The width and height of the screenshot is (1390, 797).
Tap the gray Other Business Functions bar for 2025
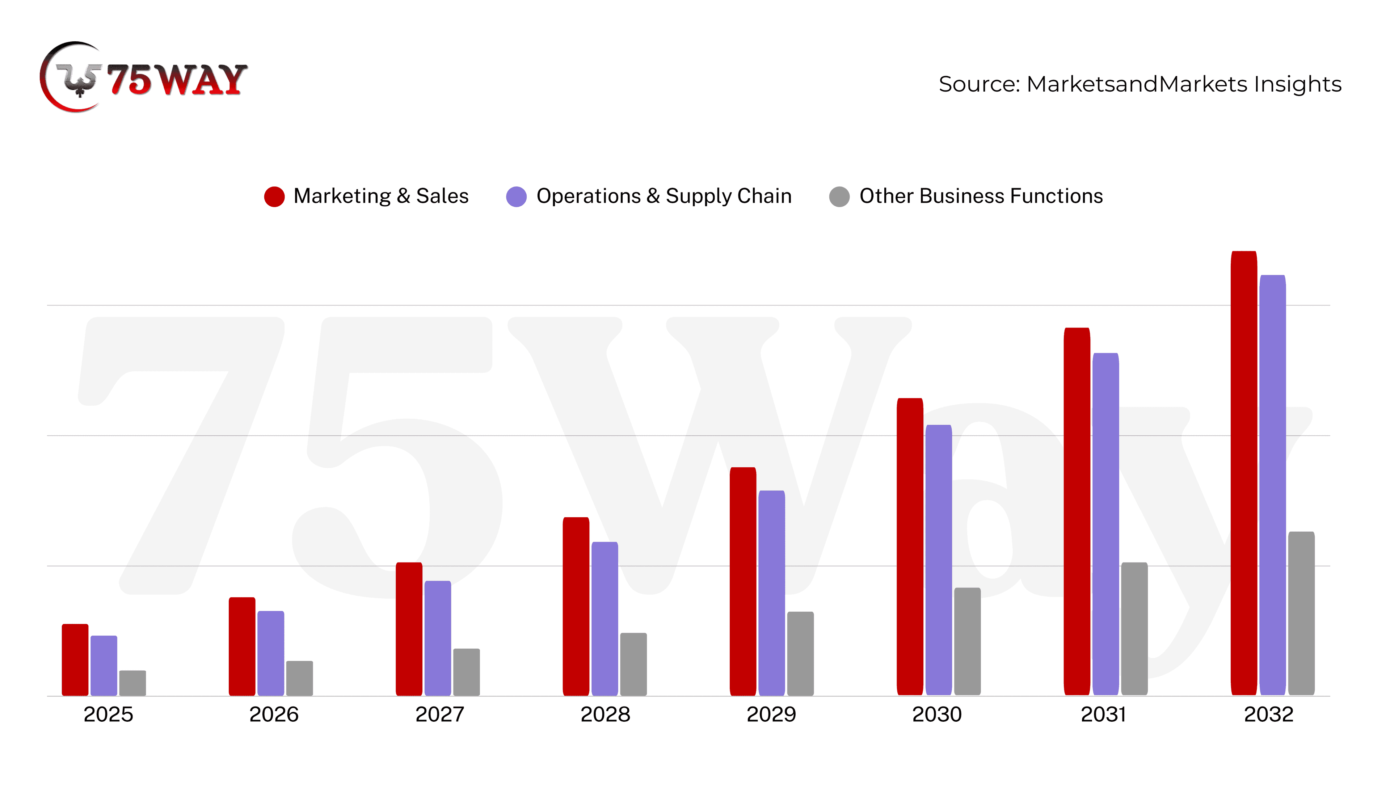coord(132,683)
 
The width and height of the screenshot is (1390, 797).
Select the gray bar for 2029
coord(800,654)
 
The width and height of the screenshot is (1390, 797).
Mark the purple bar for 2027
coord(437,638)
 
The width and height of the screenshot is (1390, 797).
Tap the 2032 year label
coord(1268,714)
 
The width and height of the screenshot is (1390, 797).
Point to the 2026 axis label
coord(274,714)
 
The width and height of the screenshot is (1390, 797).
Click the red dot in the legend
coord(274,197)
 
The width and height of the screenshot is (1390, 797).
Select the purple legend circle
coord(516,197)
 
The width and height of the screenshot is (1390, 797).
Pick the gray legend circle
coord(839,197)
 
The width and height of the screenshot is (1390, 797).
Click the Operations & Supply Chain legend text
coord(664,196)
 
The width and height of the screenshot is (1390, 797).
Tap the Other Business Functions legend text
coord(981,196)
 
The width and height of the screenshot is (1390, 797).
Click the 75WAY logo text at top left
coord(176,80)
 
